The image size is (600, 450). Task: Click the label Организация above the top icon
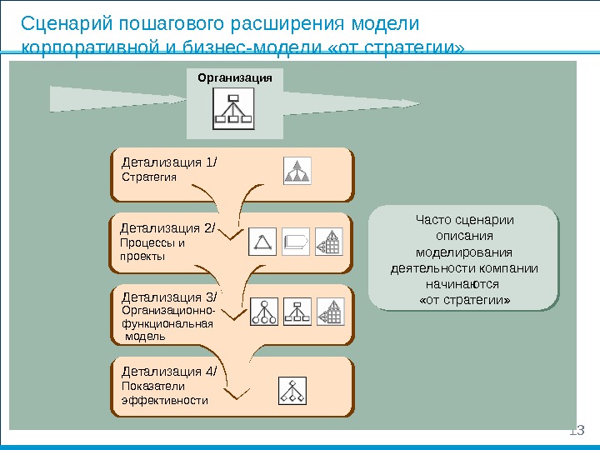pos(235,77)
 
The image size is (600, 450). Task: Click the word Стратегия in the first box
pos(149,177)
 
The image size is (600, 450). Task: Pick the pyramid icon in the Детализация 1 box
pos(297,170)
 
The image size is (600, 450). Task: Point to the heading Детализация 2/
pos(168,227)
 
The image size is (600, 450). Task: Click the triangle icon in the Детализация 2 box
pos(263,242)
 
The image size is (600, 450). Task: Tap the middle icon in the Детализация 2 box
pos(296,242)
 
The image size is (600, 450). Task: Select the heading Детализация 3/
pos(169,297)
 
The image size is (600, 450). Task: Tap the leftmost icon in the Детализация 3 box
pos(265,311)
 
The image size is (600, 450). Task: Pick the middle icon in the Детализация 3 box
pos(297,311)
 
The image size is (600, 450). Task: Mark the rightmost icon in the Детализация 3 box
pos(330,311)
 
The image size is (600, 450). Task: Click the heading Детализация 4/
pos(169,372)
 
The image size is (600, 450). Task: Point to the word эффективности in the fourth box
pos(165,400)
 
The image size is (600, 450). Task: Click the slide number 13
pos(577,431)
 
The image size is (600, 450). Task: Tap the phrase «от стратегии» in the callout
pos(464,298)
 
